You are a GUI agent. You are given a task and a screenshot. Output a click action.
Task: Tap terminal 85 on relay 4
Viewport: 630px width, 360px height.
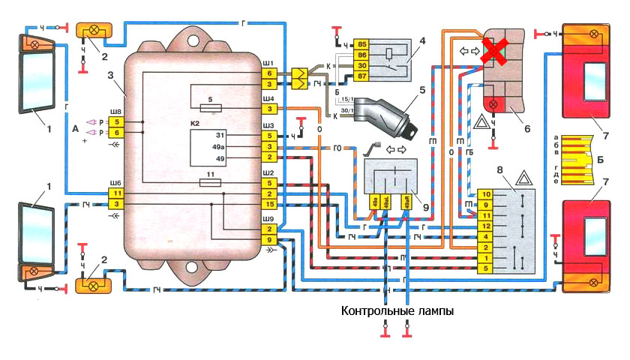(x=361, y=43)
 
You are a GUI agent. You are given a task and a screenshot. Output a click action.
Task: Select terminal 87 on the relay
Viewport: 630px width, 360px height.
(x=361, y=76)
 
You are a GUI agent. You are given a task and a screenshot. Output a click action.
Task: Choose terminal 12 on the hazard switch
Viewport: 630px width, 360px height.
(x=486, y=226)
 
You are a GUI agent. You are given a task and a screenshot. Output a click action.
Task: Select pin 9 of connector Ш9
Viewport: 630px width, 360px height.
(x=269, y=239)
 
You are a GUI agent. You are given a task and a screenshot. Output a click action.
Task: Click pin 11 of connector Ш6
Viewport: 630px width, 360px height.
(x=116, y=193)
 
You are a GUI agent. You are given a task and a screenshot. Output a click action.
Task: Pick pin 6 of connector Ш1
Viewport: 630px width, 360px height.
(x=269, y=73)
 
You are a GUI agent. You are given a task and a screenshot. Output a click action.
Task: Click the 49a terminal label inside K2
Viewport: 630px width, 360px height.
(x=220, y=148)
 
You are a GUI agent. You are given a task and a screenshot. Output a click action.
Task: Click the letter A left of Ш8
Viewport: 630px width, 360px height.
(x=73, y=128)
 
